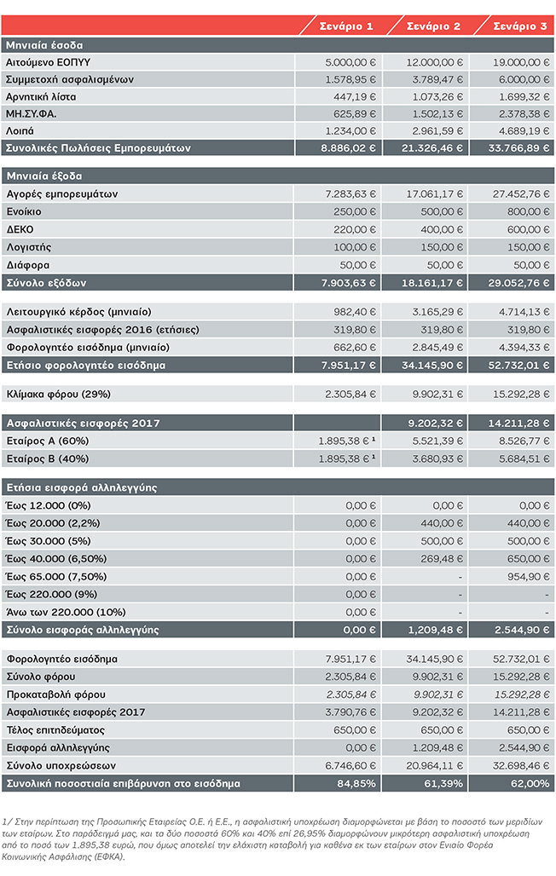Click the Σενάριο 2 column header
(433, 26)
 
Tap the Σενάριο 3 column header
(520, 26)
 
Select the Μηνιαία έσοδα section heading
(44, 45)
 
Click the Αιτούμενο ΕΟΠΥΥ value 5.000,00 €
(350, 62)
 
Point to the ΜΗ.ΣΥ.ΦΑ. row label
(32, 114)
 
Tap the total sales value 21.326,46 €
(432, 148)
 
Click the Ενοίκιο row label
(24, 211)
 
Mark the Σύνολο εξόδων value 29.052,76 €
(519, 283)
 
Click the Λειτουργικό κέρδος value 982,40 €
(355, 312)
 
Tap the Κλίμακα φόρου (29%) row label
(59, 395)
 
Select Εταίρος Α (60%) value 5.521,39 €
(438, 441)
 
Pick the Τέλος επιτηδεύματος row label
(55, 730)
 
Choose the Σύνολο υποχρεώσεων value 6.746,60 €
(350, 765)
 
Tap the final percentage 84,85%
(356, 783)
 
